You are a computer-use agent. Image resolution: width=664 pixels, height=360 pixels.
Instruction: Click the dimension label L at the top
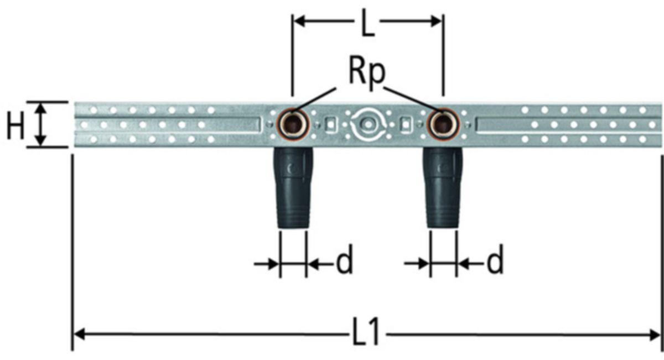(367, 23)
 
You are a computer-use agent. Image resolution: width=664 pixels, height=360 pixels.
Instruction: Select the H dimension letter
(15, 126)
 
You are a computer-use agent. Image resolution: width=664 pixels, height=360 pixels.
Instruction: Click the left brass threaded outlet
(294, 124)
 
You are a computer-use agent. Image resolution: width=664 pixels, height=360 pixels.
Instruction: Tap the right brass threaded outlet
(443, 124)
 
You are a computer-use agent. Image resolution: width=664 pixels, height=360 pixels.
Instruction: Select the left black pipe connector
(293, 188)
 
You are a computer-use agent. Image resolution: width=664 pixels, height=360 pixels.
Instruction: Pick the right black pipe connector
(443, 188)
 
